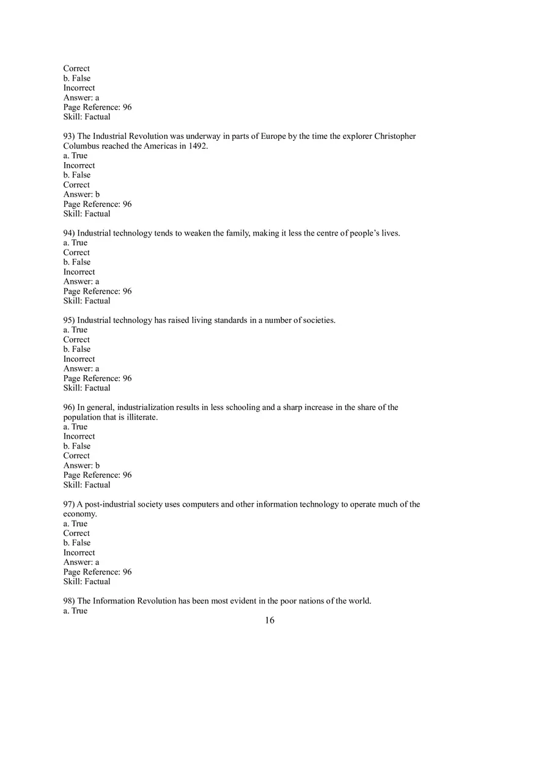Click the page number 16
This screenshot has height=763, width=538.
point(270,620)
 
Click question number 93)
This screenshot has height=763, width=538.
point(69,136)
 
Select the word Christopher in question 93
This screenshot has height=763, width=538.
point(395,136)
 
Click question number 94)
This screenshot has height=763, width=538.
point(69,233)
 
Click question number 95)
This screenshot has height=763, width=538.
point(69,320)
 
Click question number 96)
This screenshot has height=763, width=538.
point(69,408)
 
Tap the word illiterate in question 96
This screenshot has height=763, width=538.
point(141,417)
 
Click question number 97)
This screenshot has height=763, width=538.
point(69,504)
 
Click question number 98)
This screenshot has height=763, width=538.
point(69,601)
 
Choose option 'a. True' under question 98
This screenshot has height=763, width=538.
point(75,611)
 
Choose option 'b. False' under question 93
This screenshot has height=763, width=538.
point(76,175)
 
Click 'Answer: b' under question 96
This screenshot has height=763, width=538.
point(81,466)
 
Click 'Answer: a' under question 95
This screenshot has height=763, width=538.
point(81,368)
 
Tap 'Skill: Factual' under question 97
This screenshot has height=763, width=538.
point(87,581)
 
